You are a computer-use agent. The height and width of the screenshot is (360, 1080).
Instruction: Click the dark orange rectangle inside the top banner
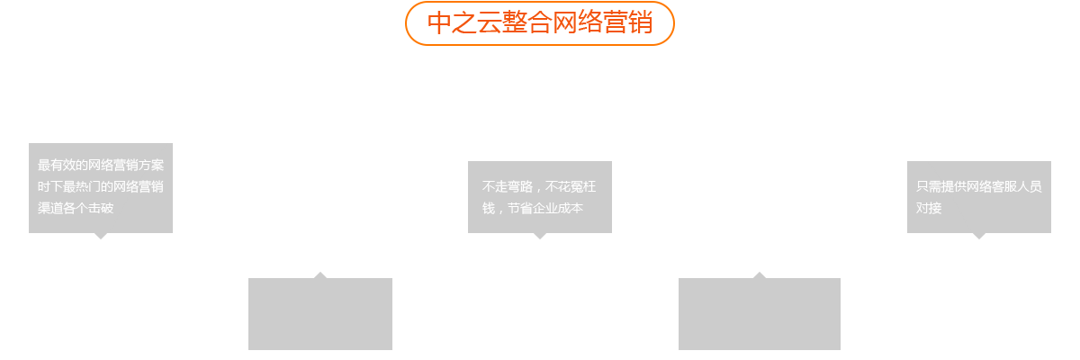point(540,22)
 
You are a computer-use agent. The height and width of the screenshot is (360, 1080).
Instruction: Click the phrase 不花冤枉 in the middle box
point(571,187)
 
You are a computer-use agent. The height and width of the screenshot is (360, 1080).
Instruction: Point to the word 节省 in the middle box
point(519,209)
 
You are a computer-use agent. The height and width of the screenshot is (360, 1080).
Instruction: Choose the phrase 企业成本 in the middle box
point(558,209)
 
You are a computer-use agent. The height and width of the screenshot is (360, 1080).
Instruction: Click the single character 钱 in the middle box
point(488,209)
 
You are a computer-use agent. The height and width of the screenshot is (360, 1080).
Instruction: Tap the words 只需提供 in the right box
point(937,187)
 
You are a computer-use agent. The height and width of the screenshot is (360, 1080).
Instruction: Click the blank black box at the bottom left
point(320,310)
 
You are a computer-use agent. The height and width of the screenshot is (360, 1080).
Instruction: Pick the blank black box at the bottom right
point(759,310)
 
